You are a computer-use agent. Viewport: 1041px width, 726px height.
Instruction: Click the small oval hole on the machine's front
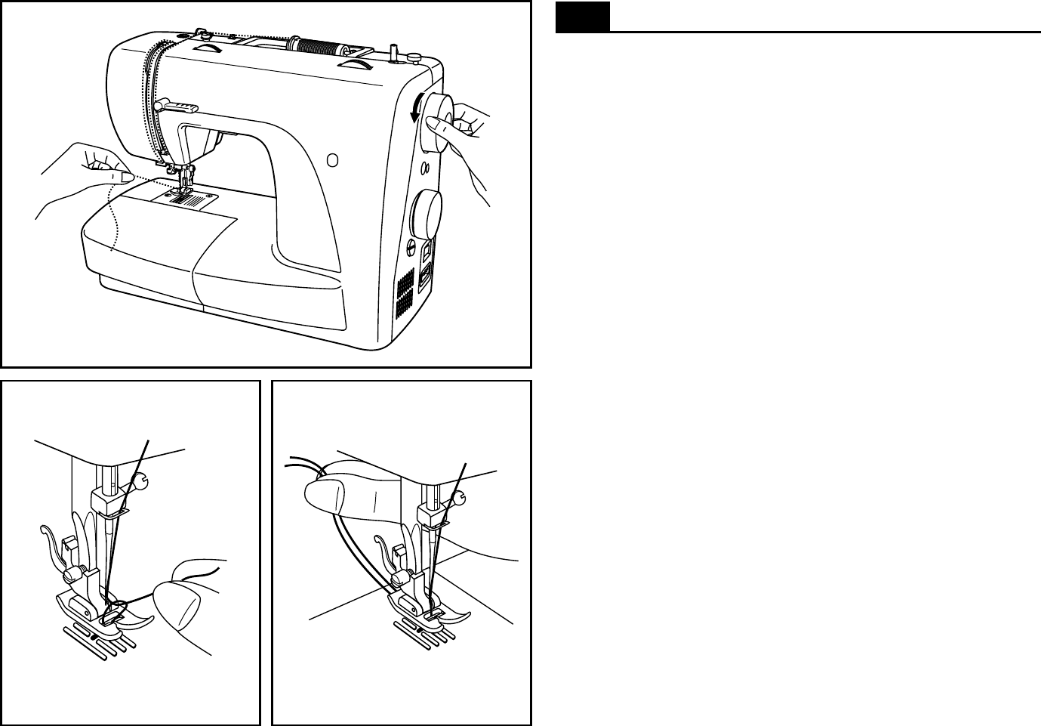[332, 160]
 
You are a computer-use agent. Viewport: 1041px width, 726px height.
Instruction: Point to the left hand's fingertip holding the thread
[121, 176]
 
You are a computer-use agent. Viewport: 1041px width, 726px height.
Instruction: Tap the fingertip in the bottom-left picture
[177, 604]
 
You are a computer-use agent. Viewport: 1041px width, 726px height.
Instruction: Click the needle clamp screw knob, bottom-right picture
[460, 496]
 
